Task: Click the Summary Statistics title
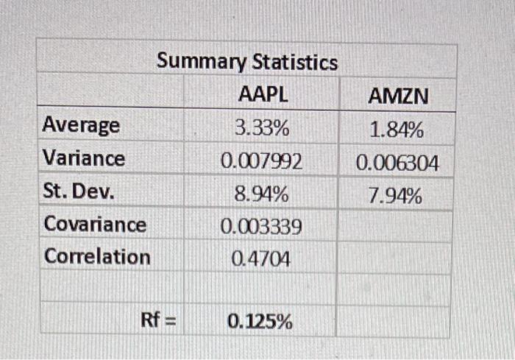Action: point(246,62)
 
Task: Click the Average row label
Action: point(81,125)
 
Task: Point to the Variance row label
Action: point(84,158)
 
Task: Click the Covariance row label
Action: point(95,224)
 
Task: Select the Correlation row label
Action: point(96,257)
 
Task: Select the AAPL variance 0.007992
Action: point(262,161)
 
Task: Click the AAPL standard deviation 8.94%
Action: point(261,194)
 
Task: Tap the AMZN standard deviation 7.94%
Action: point(397,197)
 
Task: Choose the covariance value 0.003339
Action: point(261,227)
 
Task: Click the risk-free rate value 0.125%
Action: point(260,322)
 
